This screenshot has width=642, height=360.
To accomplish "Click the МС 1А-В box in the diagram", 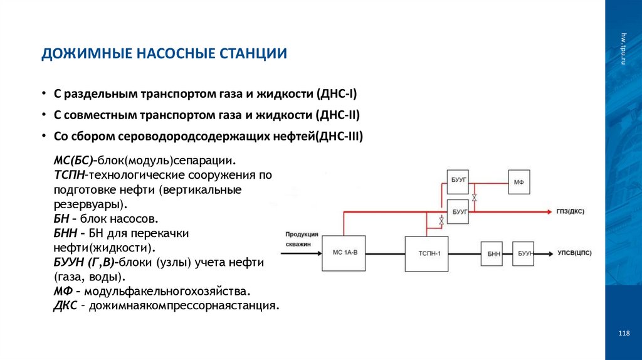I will pos(344,253).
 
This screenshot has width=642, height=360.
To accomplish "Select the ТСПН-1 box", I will pos(426,253).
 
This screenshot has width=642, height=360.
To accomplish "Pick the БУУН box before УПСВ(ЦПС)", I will pos(524,253).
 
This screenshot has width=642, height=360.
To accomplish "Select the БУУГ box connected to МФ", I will pos(459,181).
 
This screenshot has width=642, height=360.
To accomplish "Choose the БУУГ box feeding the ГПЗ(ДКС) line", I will pos(459,212).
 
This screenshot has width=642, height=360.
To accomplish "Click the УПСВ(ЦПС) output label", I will pos(574,253).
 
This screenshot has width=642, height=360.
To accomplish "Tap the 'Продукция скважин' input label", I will pos(302,238).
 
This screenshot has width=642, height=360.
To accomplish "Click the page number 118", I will pos(623,333).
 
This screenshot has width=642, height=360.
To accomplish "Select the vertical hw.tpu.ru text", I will pos(623,48).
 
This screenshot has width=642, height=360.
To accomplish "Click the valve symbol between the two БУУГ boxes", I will pos(475,198).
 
